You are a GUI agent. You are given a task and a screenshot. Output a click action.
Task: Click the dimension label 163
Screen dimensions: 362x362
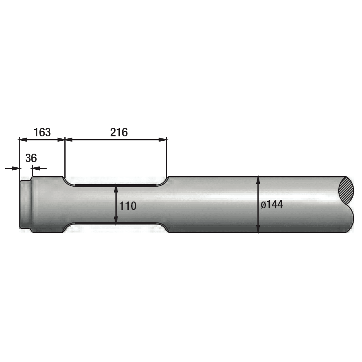coord(42,132)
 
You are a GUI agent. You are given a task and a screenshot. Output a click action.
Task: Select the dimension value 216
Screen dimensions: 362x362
coord(119,132)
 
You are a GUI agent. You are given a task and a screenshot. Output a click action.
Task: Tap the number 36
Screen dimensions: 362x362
coord(31,158)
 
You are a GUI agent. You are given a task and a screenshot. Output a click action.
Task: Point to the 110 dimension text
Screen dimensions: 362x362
coord(128,206)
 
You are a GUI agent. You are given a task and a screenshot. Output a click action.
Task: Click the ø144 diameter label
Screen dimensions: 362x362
coord(272,205)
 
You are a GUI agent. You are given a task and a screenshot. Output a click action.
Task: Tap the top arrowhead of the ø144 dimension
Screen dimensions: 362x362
coord(258,180)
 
